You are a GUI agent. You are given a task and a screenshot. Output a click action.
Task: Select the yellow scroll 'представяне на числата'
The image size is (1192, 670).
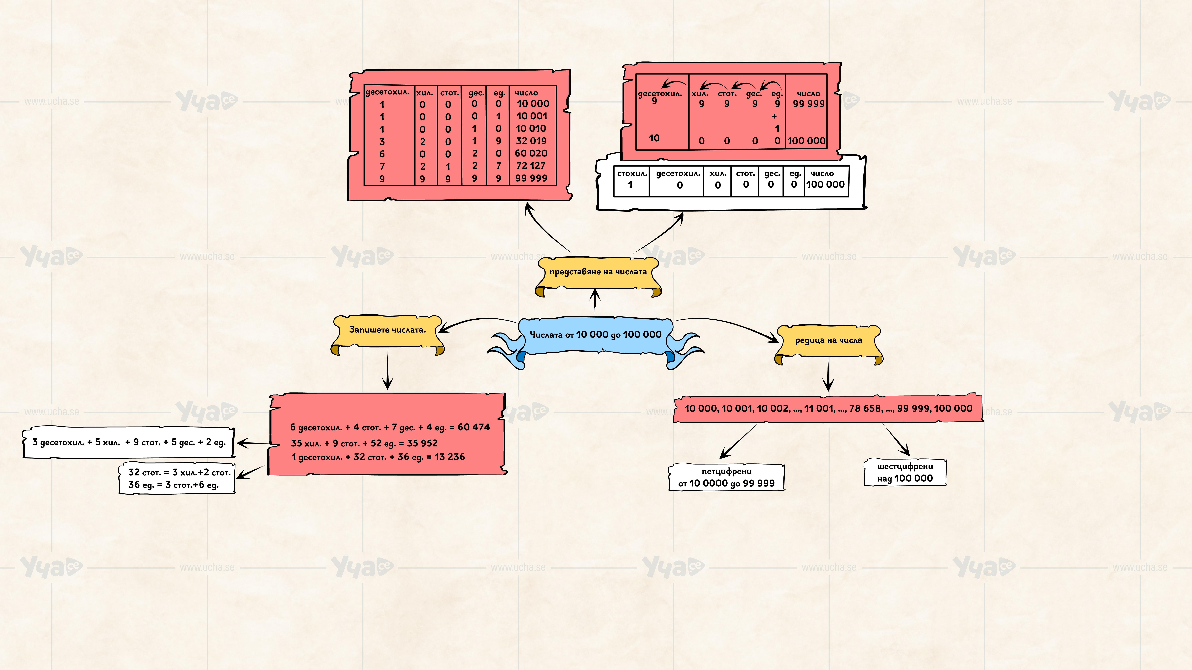click(x=598, y=272)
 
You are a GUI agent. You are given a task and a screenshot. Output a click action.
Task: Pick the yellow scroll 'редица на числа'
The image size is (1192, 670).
click(x=828, y=340)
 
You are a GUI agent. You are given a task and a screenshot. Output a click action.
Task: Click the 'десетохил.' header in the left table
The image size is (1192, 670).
click(x=387, y=92)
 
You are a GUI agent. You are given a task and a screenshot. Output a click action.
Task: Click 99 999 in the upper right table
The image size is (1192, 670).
click(x=808, y=104)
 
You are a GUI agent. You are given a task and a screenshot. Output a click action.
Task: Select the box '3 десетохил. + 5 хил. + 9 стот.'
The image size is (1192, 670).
click(x=129, y=443)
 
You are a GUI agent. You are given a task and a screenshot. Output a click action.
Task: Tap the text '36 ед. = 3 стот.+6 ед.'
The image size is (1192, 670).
click(x=174, y=485)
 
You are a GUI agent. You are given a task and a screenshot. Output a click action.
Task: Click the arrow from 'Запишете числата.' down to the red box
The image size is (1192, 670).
click(x=388, y=370)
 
